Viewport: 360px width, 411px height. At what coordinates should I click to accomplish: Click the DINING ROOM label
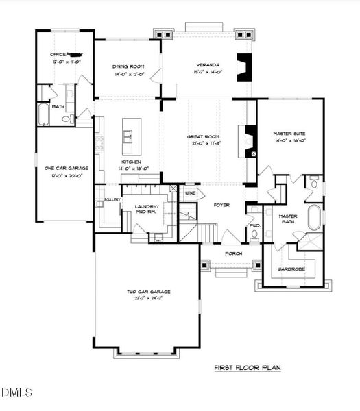pyautogui.click(x=128, y=66)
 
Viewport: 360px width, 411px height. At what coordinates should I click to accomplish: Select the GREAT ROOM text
pyautogui.click(x=203, y=136)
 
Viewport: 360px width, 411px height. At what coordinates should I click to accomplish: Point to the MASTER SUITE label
pyautogui.click(x=289, y=133)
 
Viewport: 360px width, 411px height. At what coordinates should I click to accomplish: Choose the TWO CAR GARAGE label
pyautogui.click(x=148, y=292)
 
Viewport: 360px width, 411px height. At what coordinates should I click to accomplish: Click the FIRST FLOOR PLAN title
pyautogui.click(x=247, y=368)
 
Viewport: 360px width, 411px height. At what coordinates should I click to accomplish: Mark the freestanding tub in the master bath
pyautogui.click(x=315, y=219)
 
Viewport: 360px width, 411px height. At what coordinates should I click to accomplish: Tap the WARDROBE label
pyautogui.click(x=291, y=269)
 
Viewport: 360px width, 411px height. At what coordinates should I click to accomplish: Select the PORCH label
pyautogui.click(x=225, y=253)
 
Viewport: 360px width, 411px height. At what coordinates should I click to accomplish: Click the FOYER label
pyautogui.click(x=220, y=205)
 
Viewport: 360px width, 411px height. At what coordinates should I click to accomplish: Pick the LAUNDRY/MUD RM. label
pyautogui.click(x=145, y=209)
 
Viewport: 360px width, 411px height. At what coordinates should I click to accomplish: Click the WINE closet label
pyautogui.click(x=190, y=193)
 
